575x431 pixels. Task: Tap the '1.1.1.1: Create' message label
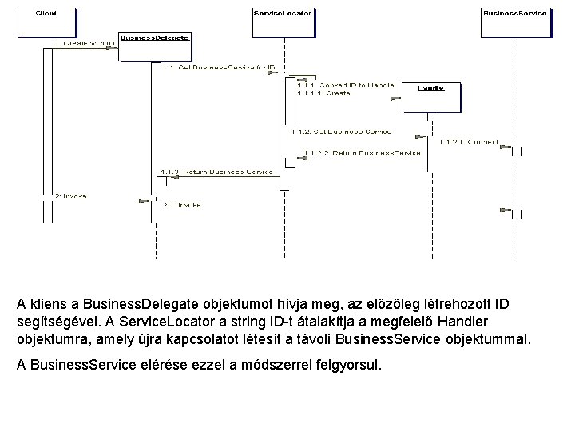323,93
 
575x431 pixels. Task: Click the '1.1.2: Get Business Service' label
342,131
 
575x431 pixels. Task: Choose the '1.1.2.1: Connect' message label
469,142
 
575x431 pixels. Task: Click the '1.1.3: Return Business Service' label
216,172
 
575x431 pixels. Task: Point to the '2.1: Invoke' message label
182,204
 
